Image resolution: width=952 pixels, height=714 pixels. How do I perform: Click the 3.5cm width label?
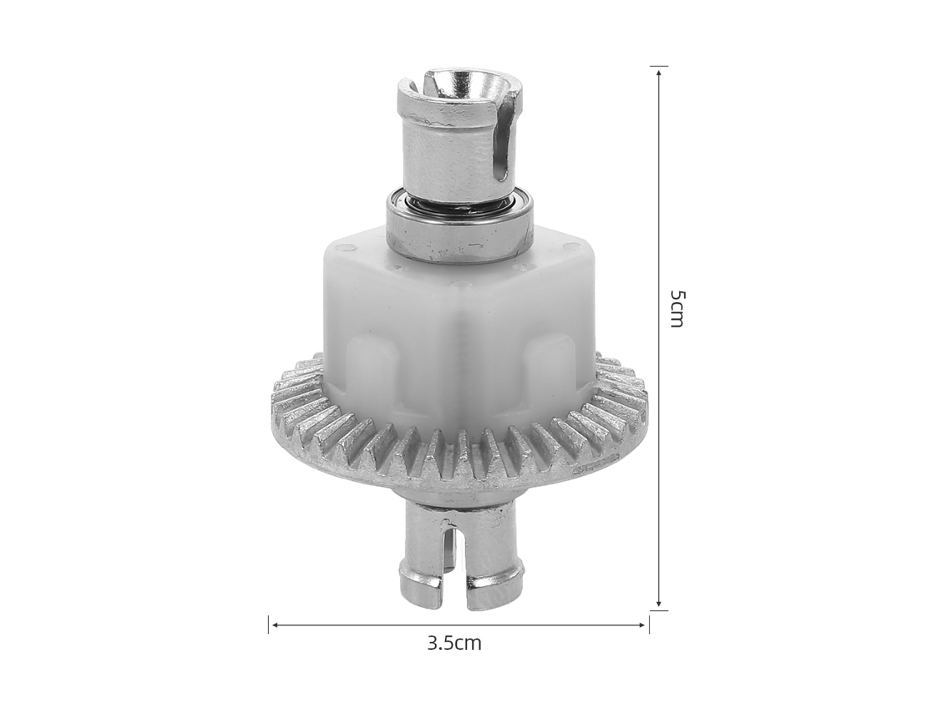point(454,643)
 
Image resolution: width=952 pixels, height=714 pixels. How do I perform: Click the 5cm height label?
point(677,308)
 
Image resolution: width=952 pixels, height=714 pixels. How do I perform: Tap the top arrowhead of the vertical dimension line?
point(659,70)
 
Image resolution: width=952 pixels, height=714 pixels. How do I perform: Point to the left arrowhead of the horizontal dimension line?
point(274,624)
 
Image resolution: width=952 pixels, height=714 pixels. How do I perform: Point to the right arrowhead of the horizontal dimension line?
point(644,624)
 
